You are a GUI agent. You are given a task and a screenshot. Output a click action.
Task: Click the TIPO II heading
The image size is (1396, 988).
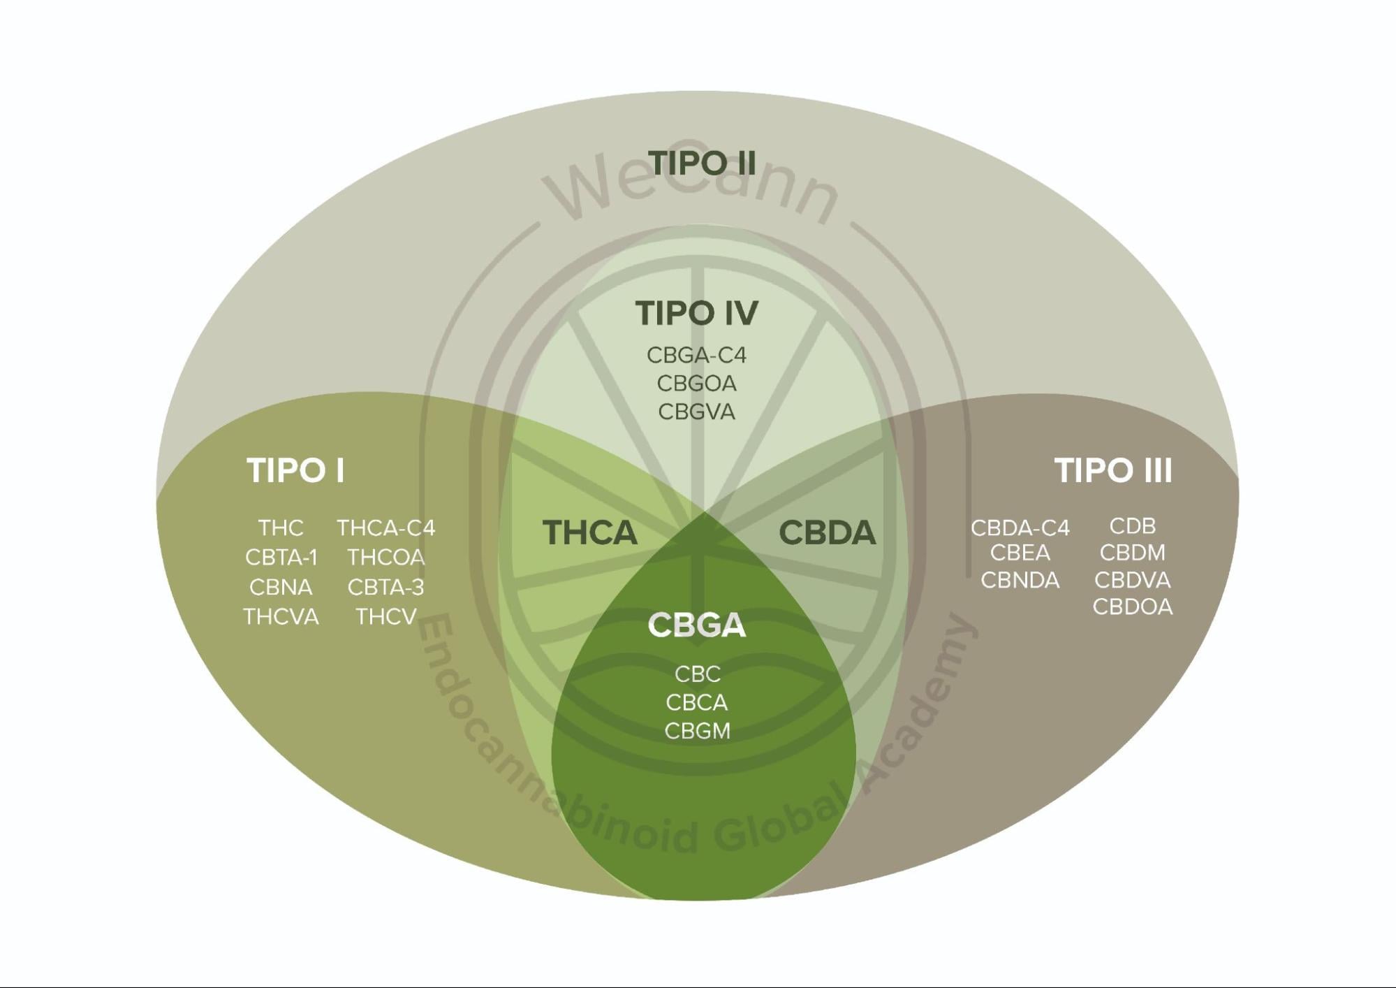point(702,163)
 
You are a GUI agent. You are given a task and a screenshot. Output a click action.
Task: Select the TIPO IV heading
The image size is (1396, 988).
point(696,313)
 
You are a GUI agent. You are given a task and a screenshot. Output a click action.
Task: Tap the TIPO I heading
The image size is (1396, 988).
point(295,470)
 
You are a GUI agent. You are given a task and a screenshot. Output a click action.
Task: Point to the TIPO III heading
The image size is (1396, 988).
point(1112,470)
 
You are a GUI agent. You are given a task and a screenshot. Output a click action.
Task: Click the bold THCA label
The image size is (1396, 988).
point(590,532)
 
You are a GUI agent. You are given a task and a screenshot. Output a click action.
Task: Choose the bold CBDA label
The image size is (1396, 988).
point(827,532)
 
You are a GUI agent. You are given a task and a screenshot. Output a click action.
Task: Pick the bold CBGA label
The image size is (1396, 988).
point(696,625)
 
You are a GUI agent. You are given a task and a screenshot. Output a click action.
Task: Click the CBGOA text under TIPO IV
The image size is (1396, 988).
point(696,384)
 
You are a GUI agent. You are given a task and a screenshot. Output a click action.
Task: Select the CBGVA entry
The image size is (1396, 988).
point(696,412)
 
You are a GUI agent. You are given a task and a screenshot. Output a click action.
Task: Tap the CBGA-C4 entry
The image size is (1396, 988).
point(696,355)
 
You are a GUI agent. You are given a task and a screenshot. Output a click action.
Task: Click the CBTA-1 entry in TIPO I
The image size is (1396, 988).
point(281,558)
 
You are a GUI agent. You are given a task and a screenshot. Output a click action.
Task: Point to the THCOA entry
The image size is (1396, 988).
point(386,558)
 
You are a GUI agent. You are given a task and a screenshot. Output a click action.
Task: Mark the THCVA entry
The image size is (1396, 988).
point(281,617)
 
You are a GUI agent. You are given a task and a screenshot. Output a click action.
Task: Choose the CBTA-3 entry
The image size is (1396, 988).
point(386,588)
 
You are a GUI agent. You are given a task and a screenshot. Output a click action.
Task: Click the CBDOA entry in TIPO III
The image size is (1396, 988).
point(1132,607)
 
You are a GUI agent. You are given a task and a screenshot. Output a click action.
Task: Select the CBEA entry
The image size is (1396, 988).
point(1020,553)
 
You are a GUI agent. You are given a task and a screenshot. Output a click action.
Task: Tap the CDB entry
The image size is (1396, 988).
point(1132,526)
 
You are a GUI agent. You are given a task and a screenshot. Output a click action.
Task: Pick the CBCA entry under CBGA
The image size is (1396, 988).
point(696,702)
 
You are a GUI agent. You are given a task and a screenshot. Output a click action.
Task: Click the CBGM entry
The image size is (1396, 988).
point(696,731)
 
